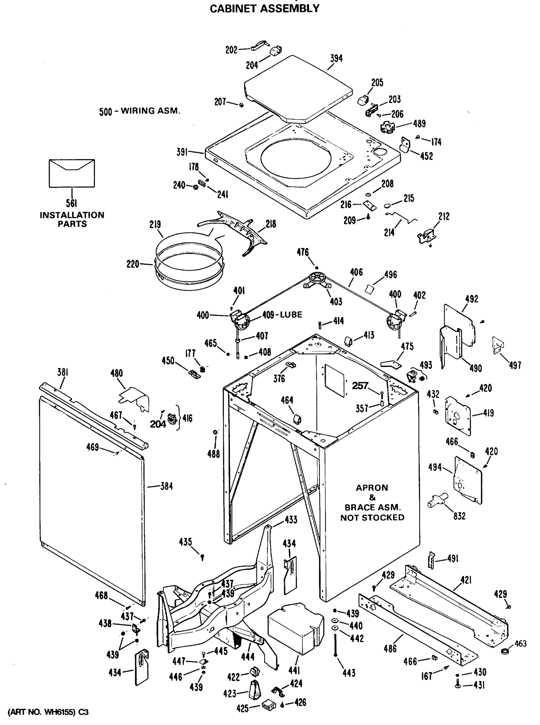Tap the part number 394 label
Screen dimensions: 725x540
[x=336, y=59]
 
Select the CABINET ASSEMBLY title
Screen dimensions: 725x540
[x=265, y=8]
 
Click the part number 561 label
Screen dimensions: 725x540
[x=71, y=204]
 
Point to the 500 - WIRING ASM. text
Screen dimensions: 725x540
[x=140, y=111]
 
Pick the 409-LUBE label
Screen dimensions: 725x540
[x=282, y=315]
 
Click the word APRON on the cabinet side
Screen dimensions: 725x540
[x=372, y=488]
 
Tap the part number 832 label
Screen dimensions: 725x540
[x=459, y=516]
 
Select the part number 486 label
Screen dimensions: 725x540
[x=390, y=649]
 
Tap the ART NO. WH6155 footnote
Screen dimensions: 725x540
[x=48, y=712]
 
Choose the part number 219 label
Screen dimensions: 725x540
[x=155, y=225]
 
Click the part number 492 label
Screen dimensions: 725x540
[x=471, y=299]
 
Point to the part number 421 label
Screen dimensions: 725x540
[x=466, y=580]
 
